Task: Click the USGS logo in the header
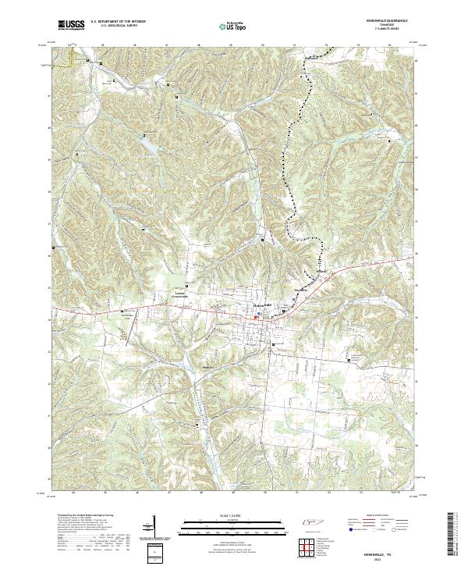[x=71, y=25]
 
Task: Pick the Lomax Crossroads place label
[x=185, y=294]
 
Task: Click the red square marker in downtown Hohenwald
[x=257, y=317]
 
